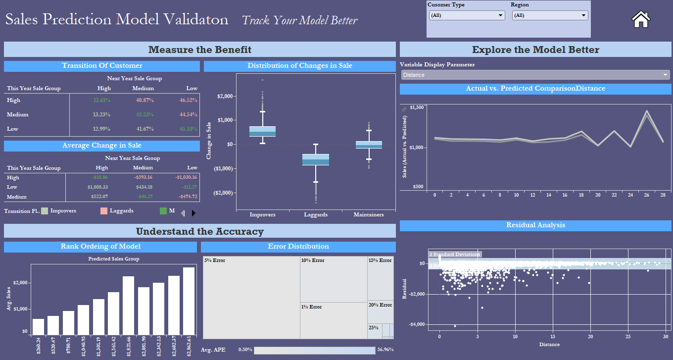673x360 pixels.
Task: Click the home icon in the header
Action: click(641, 19)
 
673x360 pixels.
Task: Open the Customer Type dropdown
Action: click(467, 15)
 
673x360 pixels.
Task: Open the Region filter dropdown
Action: click(550, 15)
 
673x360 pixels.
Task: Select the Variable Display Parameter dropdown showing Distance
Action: click(535, 75)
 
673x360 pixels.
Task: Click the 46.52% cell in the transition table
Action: click(189, 100)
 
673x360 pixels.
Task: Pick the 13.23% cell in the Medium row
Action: click(101, 114)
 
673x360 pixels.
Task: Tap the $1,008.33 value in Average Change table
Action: click(97, 187)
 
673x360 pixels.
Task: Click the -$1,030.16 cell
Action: click(186, 177)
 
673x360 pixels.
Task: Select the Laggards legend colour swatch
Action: click(104, 211)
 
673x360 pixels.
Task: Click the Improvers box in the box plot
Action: click(262, 131)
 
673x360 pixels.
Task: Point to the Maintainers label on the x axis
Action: click(369, 214)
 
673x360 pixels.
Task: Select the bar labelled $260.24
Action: click(38, 327)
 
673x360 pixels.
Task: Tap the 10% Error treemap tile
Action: click(333, 279)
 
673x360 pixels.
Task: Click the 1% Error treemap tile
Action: click(333, 320)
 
